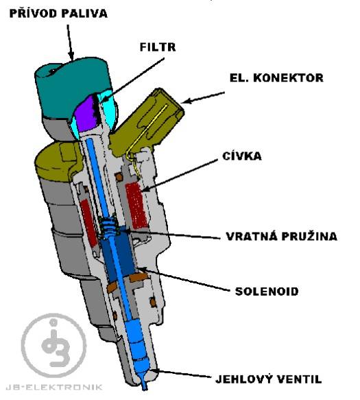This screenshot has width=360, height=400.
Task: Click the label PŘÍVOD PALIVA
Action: (x=58, y=13)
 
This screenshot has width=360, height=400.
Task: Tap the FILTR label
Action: (x=158, y=47)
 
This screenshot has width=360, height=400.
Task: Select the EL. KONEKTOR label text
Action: (x=276, y=78)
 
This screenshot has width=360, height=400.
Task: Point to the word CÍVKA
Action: (x=242, y=156)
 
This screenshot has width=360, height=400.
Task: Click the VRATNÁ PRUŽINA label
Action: (x=282, y=236)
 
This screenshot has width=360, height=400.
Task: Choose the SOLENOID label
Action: (x=267, y=291)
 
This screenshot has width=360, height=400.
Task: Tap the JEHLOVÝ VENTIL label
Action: (x=269, y=379)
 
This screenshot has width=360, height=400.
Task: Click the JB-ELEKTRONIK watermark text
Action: (x=53, y=387)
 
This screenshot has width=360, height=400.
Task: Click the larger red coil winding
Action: (x=136, y=205)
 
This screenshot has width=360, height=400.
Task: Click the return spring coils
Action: (x=110, y=226)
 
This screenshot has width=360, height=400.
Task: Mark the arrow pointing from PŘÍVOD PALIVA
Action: (x=70, y=42)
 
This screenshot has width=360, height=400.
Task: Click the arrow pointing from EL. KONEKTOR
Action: (x=203, y=97)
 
